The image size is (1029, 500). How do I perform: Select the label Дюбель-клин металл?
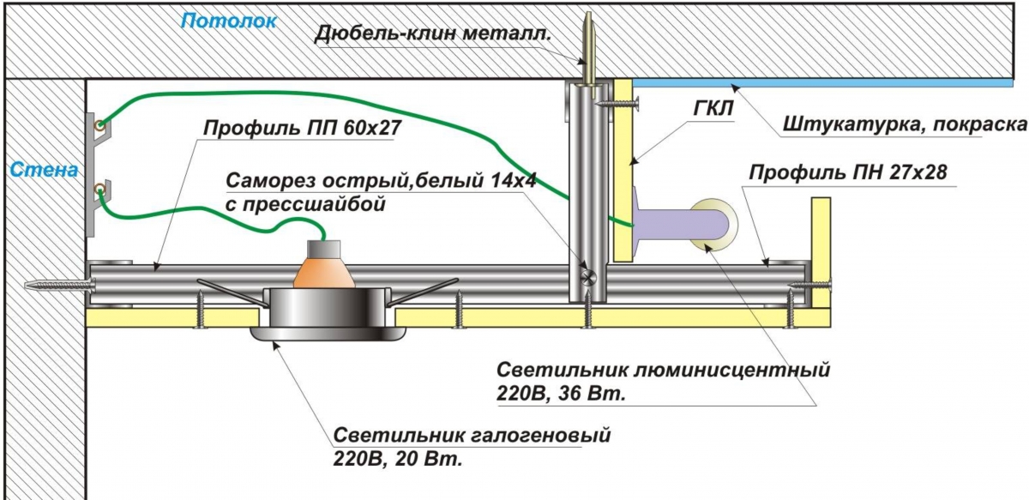point(432,33)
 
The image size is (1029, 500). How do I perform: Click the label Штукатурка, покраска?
point(904,125)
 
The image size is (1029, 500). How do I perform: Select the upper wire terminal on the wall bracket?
point(101,127)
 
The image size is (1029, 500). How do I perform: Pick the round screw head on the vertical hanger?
point(587,276)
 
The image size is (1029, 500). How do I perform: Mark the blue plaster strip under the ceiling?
point(823,81)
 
